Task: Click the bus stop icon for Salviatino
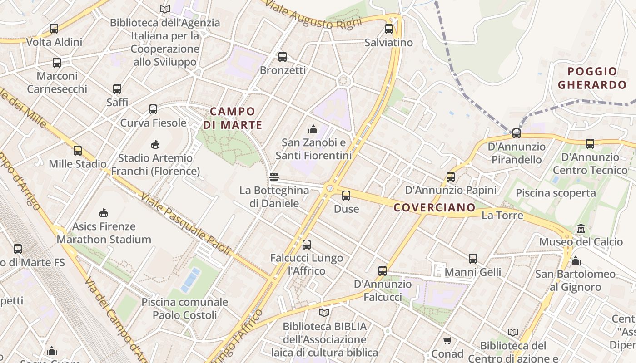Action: tap(389, 29)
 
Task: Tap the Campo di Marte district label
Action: tap(233, 118)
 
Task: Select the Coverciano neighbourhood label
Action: tap(434, 208)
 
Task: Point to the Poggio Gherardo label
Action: tap(592, 78)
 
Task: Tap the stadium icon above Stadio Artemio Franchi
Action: tap(155, 144)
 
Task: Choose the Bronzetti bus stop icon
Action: tap(283, 57)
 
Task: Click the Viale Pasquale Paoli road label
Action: tap(185, 223)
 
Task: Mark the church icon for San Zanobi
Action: tap(313, 129)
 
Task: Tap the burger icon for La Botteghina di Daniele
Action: tap(273, 177)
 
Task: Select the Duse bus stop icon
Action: tap(346, 196)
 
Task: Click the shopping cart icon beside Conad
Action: tap(447, 340)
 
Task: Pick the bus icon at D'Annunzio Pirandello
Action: tap(516, 133)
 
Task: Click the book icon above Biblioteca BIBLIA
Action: tap(324, 313)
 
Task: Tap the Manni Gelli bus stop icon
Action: tap(473, 259)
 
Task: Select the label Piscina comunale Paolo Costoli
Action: tap(184, 309)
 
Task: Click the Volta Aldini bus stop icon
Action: tap(54, 29)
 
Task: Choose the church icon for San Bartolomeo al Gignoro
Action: tap(576, 260)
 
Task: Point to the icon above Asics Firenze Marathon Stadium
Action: tap(104, 213)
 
